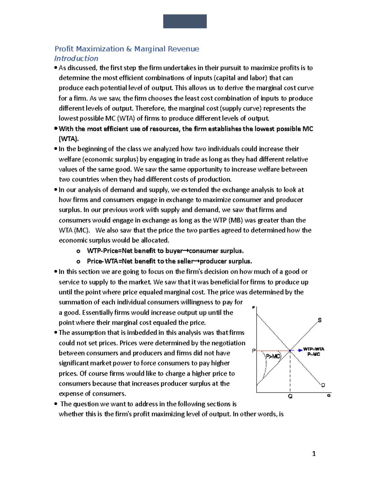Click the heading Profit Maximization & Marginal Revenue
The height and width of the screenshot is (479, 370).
pos(127,49)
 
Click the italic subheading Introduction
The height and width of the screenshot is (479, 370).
pos(76,59)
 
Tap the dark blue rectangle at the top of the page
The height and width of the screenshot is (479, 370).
pos(185,21)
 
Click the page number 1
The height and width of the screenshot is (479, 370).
pos(314,454)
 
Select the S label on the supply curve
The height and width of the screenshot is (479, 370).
pos(320,320)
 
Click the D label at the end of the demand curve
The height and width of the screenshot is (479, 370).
pos(323,385)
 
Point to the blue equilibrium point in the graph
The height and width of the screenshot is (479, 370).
pos(290,351)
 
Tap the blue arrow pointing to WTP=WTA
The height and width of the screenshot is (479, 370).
pos(299,350)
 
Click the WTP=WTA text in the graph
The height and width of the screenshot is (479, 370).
pos(314,349)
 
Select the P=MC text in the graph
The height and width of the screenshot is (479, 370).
pos(314,354)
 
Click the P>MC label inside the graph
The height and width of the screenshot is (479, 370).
pos(273,357)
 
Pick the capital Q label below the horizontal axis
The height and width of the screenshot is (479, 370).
pos(290,397)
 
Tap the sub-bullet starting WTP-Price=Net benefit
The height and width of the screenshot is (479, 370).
pos(165,251)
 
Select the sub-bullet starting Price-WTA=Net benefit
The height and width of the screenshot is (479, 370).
pos(169,261)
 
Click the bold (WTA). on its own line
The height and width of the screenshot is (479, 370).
pos(69,139)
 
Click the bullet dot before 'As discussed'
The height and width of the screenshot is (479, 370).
pos(56,68)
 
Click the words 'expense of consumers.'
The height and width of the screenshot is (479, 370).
pos(92,394)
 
